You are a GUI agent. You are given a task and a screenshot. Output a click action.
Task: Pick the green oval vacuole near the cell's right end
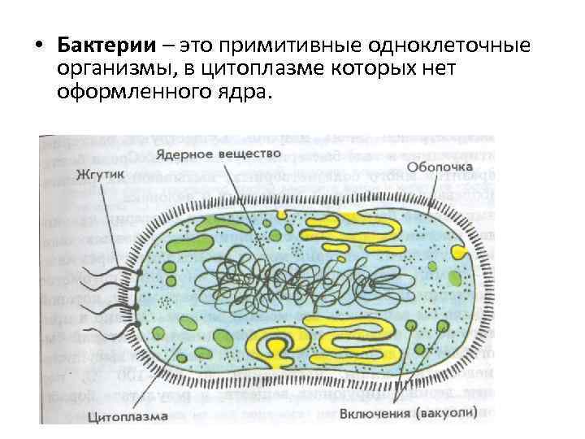click(443, 326)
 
